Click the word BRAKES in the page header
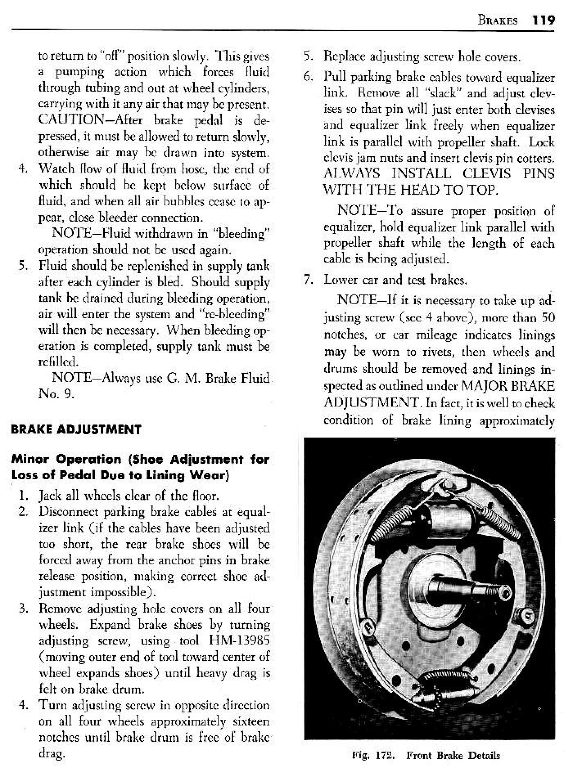point(498,20)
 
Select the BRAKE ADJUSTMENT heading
point(76,430)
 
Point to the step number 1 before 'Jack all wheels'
point(24,496)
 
